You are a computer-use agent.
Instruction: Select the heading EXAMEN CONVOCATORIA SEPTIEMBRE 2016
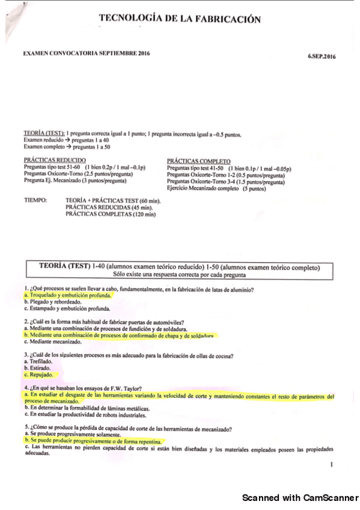(x=87, y=54)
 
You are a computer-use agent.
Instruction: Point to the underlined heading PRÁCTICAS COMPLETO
(x=199, y=161)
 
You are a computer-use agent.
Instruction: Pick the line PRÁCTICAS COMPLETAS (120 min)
(x=111, y=214)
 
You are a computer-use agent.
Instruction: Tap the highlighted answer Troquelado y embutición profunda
(x=68, y=296)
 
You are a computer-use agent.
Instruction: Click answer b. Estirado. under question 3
(x=40, y=367)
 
